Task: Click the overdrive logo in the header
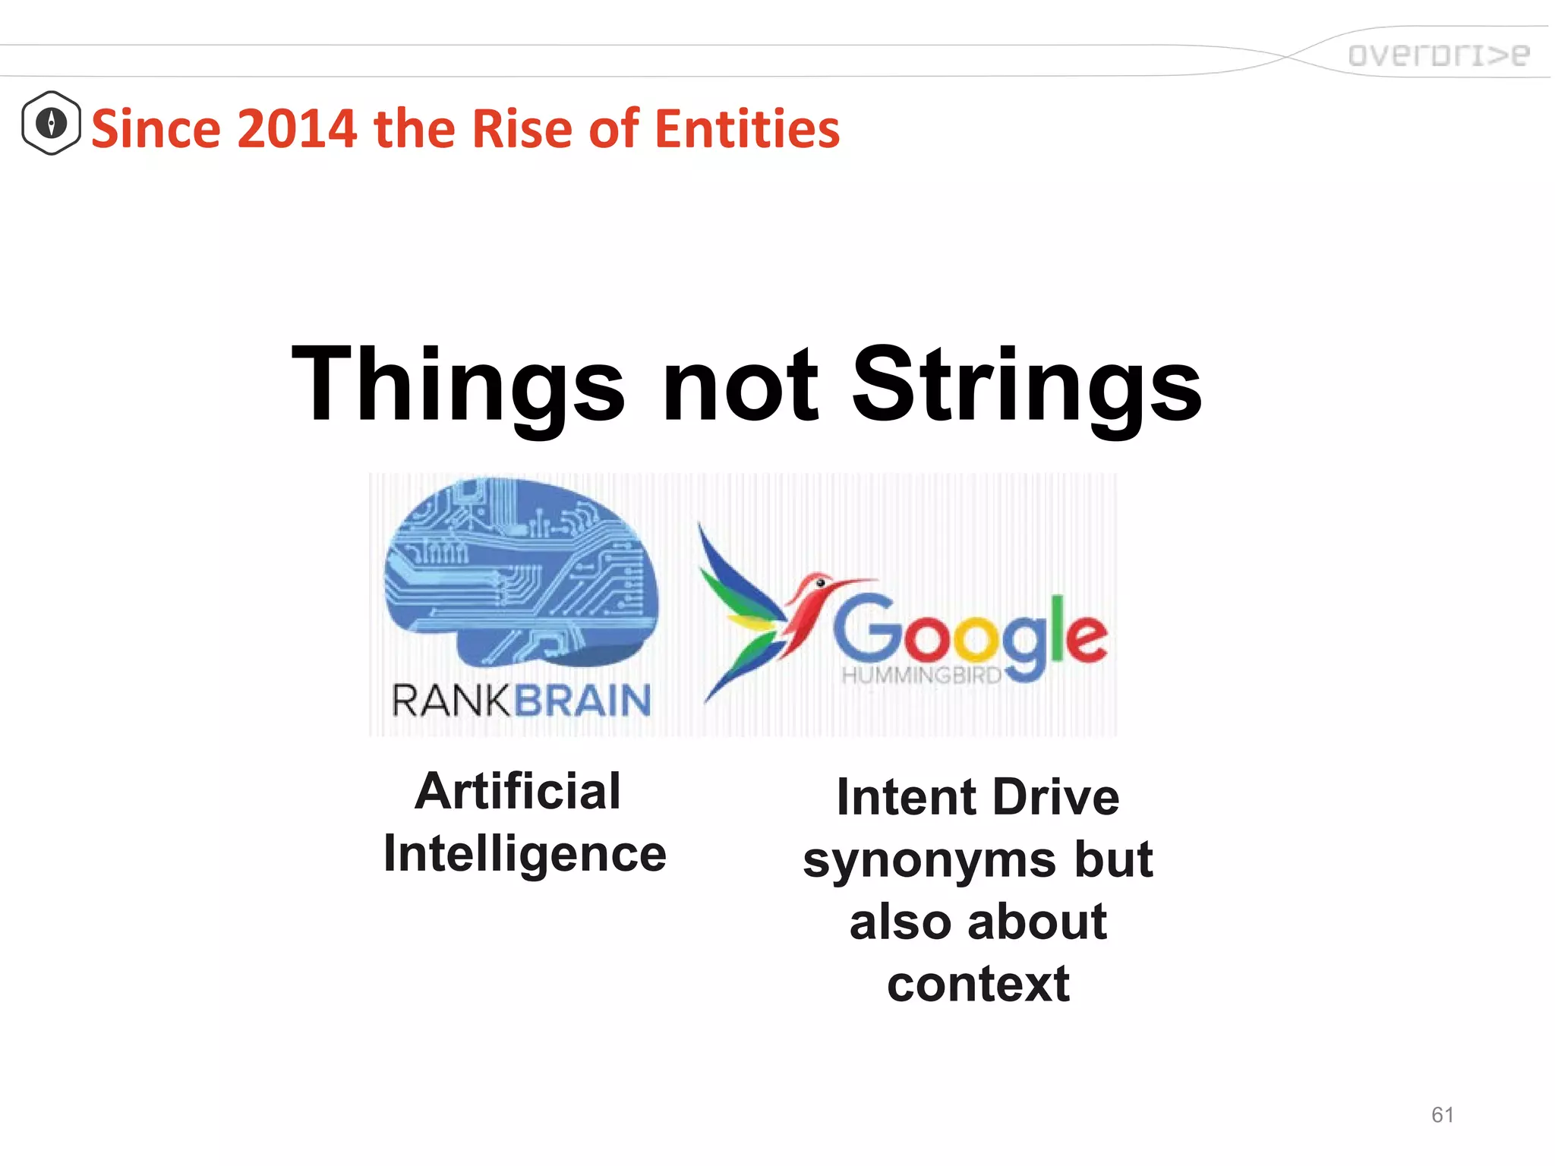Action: pyautogui.click(x=1437, y=55)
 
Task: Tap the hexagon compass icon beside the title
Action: pyautogui.click(x=51, y=123)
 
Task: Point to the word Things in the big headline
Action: pyautogui.click(x=458, y=386)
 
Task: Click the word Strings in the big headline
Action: pyautogui.click(x=1027, y=386)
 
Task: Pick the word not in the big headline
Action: pyautogui.click(x=740, y=386)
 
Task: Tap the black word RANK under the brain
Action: pyautogui.click(x=452, y=700)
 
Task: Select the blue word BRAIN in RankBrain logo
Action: pyautogui.click(x=583, y=700)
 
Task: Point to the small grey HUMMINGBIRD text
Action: pyautogui.click(x=921, y=675)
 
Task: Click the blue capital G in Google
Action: pyautogui.click(x=868, y=628)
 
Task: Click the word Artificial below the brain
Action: pyautogui.click(x=518, y=791)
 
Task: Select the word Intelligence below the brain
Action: pyautogui.click(x=525, y=853)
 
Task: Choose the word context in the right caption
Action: pyautogui.click(x=978, y=985)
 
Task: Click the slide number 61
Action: pyautogui.click(x=1442, y=1114)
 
